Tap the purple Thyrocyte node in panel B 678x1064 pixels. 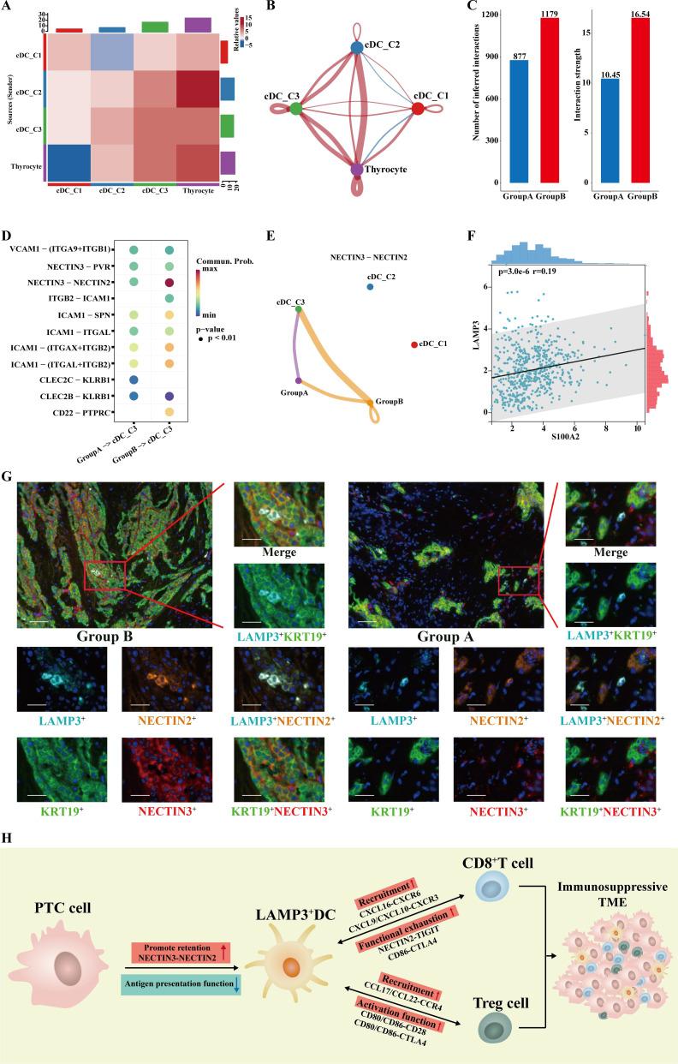[357, 170]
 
